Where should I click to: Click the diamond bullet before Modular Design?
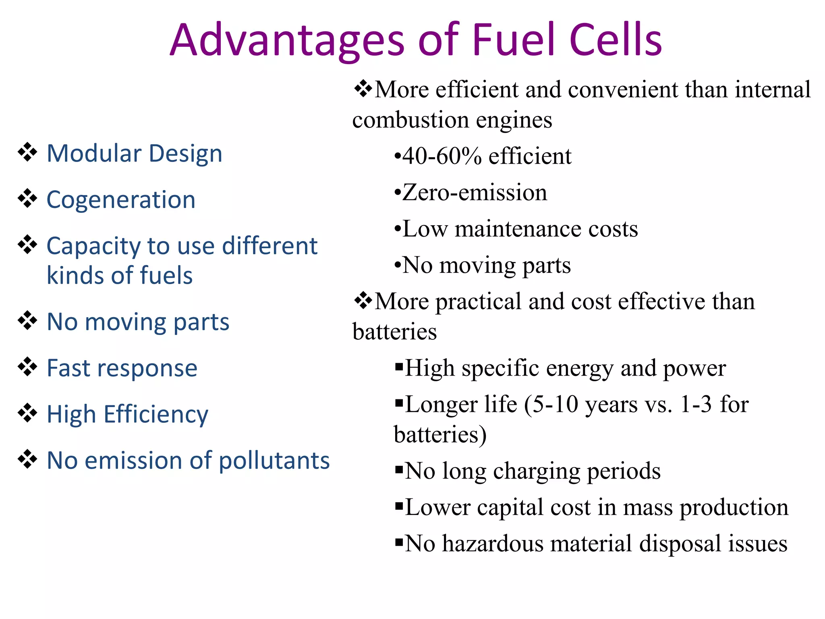(27, 152)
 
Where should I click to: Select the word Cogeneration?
(121, 199)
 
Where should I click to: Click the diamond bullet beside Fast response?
(27, 367)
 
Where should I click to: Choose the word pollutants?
(274, 460)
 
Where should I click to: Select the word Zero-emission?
(475, 192)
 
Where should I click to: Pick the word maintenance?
(518, 229)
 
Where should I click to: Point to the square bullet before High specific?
(399, 367)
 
